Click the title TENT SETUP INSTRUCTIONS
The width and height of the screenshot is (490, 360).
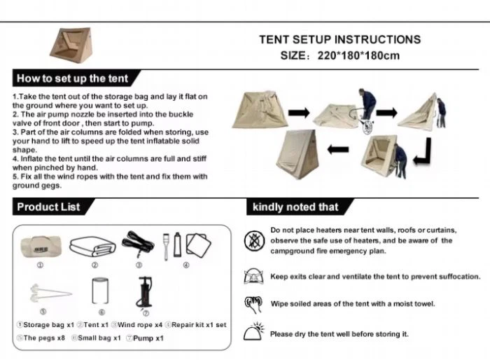(x=340, y=40)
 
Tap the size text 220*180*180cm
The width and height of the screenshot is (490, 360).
(x=358, y=55)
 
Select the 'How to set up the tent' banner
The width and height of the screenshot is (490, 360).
(x=75, y=78)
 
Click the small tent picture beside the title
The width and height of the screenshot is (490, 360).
(x=71, y=46)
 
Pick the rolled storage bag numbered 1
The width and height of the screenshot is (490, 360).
(x=41, y=247)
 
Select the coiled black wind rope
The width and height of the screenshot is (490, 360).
(x=138, y=244)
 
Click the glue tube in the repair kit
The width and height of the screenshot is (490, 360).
(x=177, y=244)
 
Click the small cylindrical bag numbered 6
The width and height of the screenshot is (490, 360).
(x=100, y=291)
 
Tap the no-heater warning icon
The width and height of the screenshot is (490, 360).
(x=254, y=240)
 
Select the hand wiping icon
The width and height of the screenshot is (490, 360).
(x=253, y=304)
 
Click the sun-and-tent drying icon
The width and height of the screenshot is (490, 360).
(x=254, y=331)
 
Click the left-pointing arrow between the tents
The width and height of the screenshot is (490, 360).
(x=338, y=149)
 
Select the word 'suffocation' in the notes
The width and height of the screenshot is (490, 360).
(x=460, y=277)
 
